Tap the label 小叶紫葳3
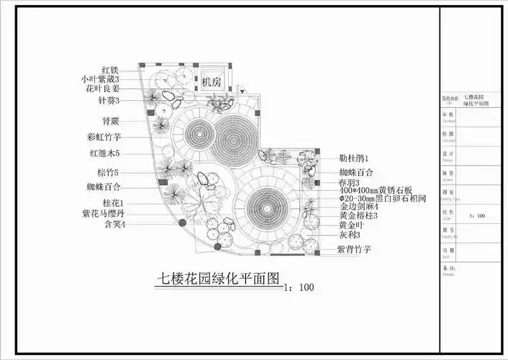click(x=100, y=78)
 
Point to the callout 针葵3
click(x=108, y=100)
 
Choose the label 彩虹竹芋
click(x=104, y=136)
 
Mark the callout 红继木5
click(x=104, y=153)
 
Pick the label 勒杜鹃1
click(x=353, y=158)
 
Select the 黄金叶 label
click(x=353, y=225)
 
